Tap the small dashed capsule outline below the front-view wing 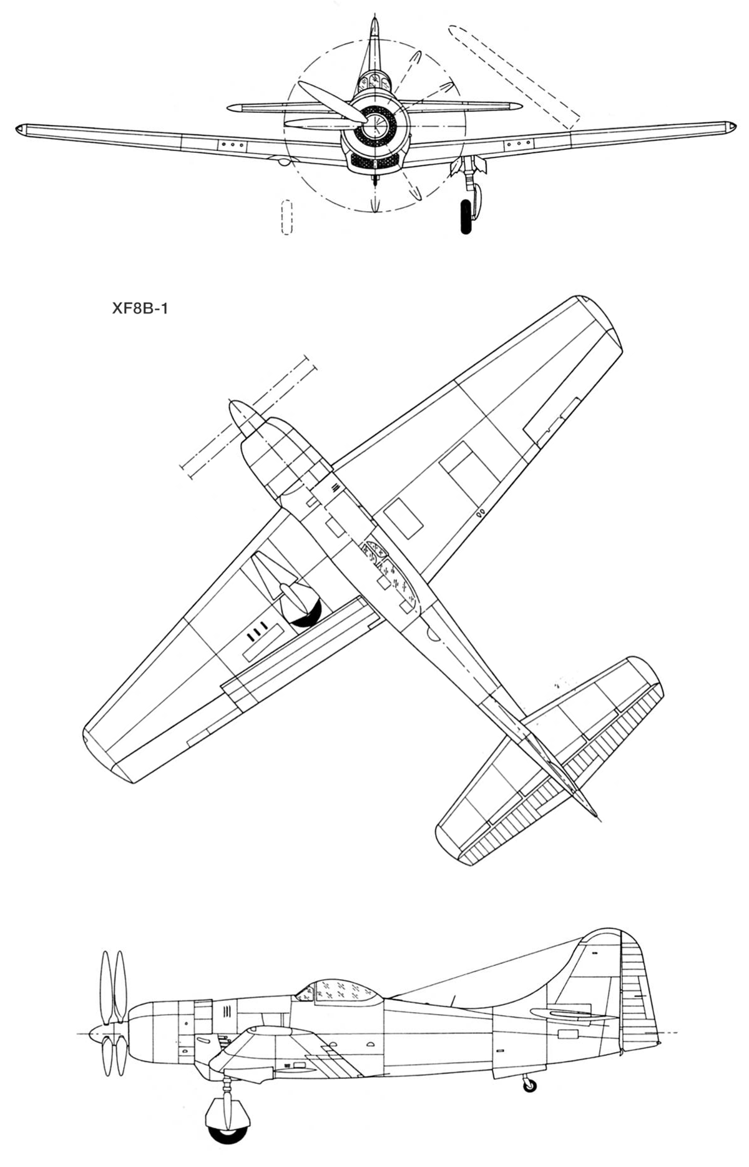(286, 217)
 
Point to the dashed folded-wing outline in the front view (514, 76)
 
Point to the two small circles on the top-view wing (480, 515)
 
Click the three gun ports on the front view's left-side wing (232, 144)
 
